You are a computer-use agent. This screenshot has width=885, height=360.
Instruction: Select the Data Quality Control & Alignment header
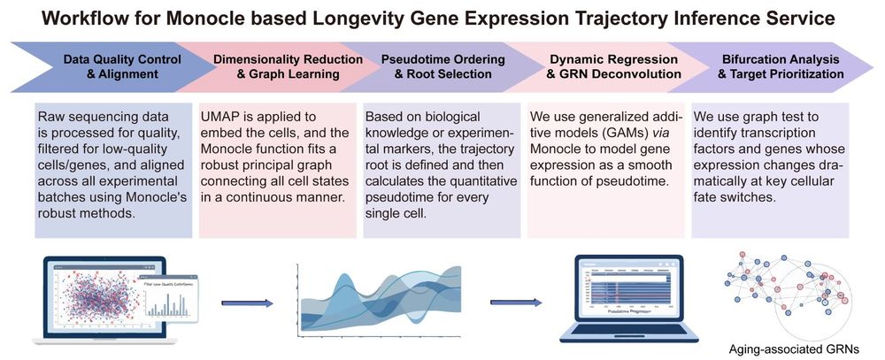click(x=122, y=66)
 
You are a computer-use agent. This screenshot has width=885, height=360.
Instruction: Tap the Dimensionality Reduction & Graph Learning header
click(x=289, y=66)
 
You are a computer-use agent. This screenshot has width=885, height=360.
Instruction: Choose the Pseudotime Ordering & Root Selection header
click(x=442, y=66)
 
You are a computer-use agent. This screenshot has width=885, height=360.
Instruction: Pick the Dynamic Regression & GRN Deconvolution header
click(x=606, y=66)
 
